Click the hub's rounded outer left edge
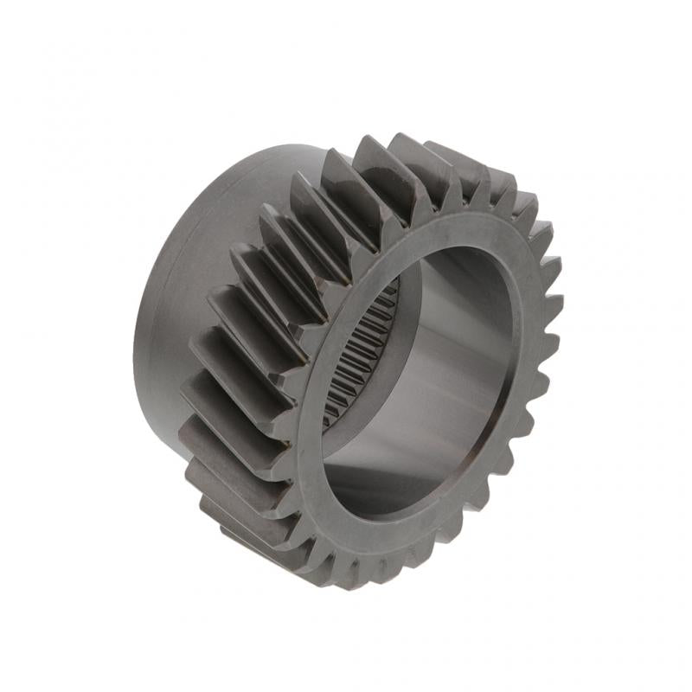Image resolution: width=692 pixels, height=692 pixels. click(138, 346)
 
